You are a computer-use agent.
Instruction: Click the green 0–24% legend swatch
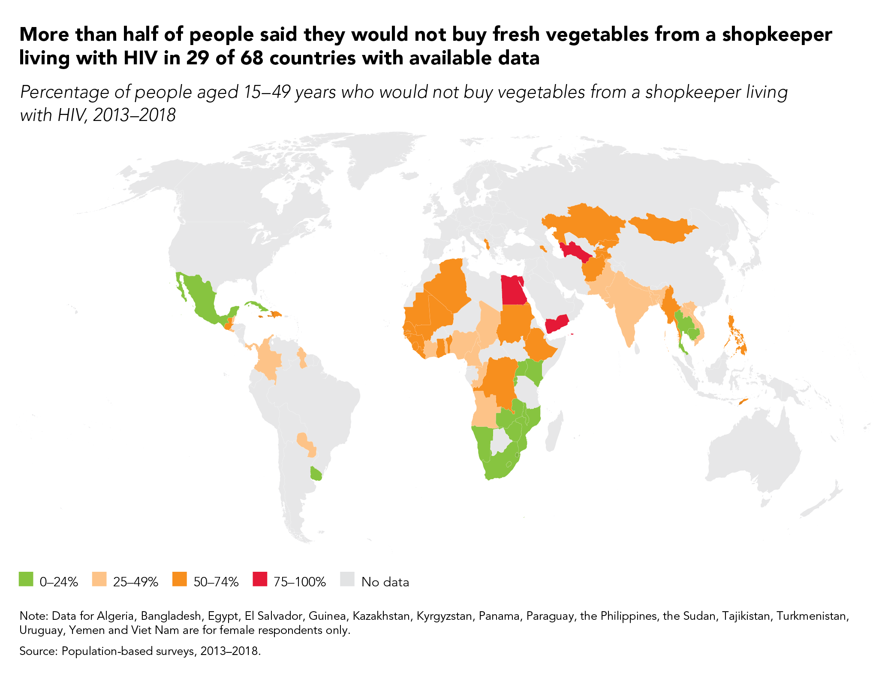pos(26,579)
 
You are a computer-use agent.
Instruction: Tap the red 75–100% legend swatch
pos(260,579)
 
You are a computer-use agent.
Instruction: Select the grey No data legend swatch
pos(348,579)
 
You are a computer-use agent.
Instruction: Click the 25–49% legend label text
pos(135,582)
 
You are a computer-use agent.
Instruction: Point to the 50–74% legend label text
pos(216,582)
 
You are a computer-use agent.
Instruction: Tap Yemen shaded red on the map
pos(557,323)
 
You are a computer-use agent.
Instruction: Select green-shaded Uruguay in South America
pos(316,474)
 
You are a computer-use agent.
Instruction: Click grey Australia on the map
pos(755,455)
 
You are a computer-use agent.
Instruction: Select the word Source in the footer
pos(38,651)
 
